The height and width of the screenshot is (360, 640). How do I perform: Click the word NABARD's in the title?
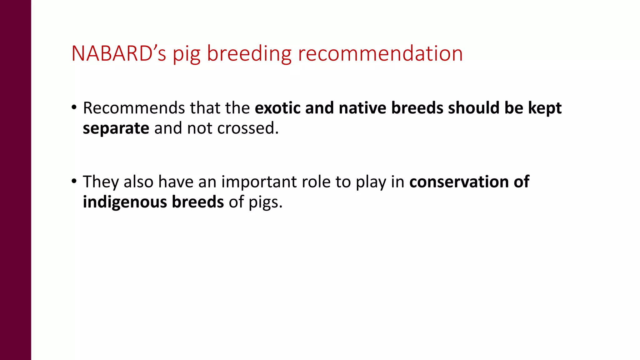[118, 53]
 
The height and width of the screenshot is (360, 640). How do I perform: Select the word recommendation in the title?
[380, 53]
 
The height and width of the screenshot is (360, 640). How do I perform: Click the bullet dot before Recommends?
[74, 107]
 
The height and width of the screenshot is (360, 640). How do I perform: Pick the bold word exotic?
[277, 108]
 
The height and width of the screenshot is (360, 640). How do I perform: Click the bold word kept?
[545, 108]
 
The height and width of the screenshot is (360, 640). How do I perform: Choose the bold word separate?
[116, 128]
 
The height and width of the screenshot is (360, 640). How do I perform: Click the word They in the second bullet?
[101, 182]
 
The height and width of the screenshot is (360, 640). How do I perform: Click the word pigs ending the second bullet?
[265, 202]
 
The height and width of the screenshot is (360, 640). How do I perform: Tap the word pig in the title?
[187, 53]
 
